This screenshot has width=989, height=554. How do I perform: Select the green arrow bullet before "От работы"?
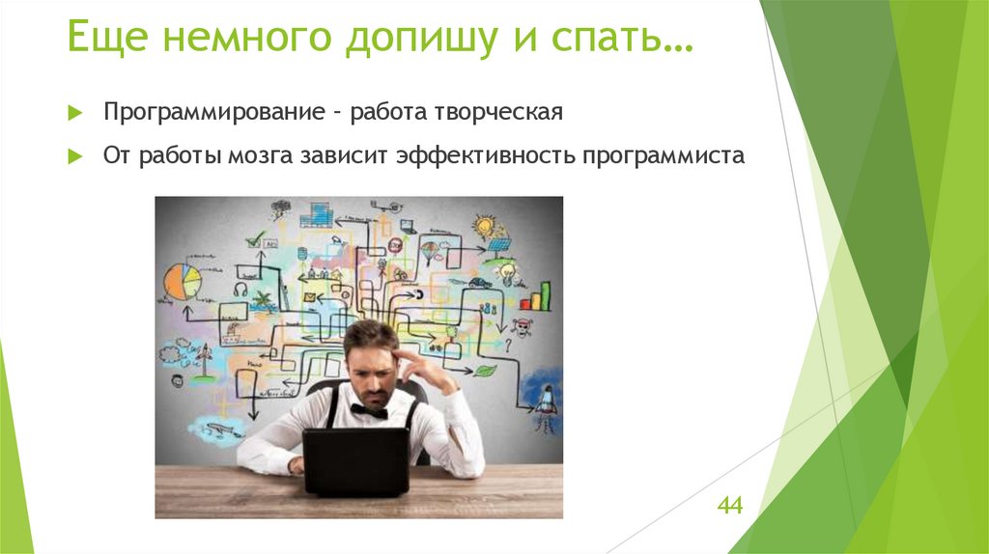76,157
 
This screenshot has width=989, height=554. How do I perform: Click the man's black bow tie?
368,410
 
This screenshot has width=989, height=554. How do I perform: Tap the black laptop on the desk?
355,460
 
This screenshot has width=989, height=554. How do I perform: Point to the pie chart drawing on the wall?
182,281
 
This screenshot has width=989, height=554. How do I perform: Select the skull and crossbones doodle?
523,326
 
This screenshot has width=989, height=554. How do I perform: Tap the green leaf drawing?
484,370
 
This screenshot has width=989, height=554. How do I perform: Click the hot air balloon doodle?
429,252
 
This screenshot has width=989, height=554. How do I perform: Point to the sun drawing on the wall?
483,227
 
